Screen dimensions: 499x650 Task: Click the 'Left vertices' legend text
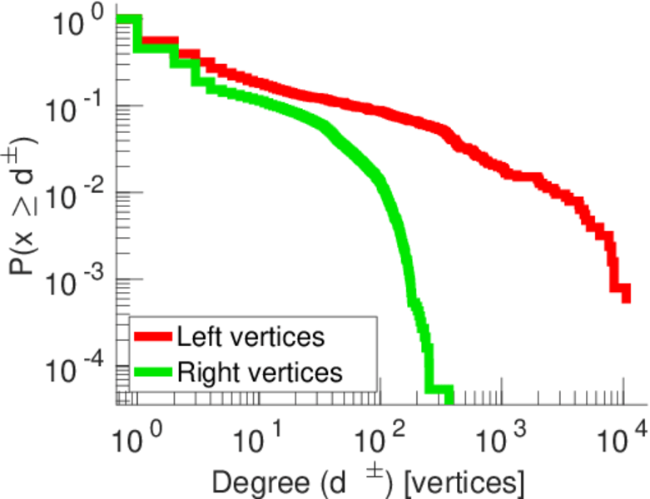pos(250,337)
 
